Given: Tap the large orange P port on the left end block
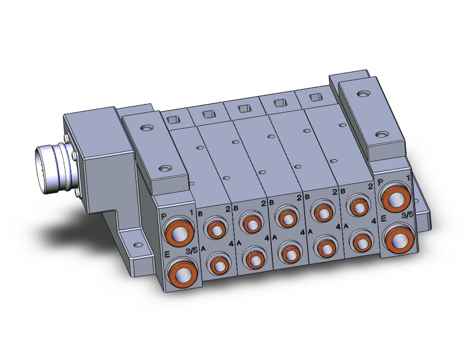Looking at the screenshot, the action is tap(178, 232).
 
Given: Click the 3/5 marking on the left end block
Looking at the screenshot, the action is tap(191, 250).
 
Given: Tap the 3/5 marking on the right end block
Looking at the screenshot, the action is tap(407, 215).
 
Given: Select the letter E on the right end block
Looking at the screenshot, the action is tap(383, 219).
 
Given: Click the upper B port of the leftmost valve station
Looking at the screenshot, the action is tap(216, 228).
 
